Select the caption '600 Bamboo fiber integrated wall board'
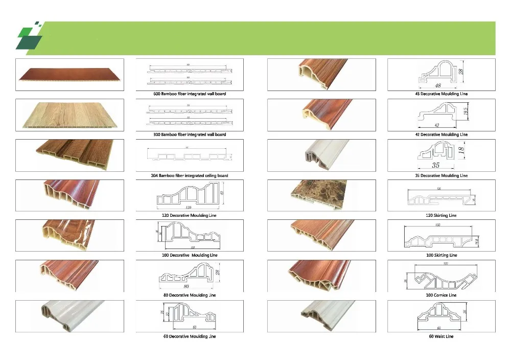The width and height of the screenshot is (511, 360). tap(190, 94)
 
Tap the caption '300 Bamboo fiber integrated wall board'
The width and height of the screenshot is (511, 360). tap(190, 134)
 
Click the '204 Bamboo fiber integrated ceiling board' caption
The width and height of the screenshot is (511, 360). tap(190, 175)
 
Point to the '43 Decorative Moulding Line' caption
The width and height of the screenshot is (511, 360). tap(442, 94)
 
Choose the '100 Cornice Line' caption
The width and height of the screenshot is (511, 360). tap(442, 295)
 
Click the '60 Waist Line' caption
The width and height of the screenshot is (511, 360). tap(442, 336)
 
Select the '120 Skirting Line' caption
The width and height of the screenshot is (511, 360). tap(442, 215)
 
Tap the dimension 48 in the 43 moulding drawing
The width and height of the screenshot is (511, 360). tap(438, 85)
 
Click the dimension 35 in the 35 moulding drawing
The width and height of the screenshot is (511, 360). tap(436, 165)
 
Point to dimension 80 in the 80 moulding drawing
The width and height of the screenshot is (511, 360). tap(185, 286)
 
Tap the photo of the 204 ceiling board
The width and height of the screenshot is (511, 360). tap(69, 155)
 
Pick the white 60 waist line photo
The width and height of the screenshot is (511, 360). tap(321, 316)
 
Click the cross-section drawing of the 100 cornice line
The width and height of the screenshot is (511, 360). tap(442, 277)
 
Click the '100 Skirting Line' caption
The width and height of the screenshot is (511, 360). tap(442, 255)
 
